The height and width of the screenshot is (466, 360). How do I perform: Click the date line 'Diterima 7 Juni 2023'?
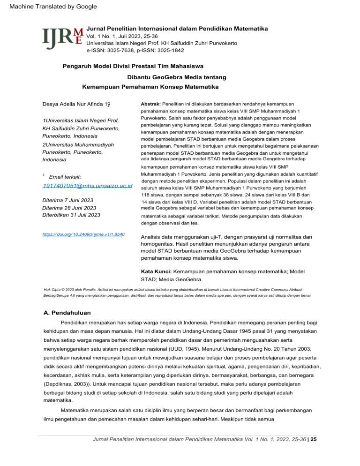point(67,200)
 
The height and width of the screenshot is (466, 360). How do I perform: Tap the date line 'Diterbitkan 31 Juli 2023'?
point(71,215)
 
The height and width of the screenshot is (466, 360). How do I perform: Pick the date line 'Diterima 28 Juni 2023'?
point(69,208)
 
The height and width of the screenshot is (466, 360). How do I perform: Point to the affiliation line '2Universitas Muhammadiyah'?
point(79,144)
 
